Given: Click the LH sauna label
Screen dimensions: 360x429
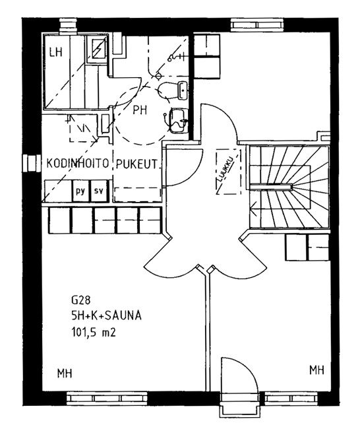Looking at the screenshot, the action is [56, 52].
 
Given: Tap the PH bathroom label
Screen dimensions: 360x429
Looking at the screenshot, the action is [140, 110].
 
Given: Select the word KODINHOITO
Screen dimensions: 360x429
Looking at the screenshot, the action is [78, 163].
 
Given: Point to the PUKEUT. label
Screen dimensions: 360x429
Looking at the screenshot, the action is [137, 164].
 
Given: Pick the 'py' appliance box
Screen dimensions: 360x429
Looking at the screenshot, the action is [80, 191].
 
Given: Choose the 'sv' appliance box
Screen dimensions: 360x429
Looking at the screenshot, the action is [100, 191].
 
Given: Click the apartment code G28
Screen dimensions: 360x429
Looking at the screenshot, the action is [80, 300].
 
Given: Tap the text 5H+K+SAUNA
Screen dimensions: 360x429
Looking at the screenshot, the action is [106, 316].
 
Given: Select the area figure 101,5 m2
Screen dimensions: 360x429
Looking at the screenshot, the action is [94, 332].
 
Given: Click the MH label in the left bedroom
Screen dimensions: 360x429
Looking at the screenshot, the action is [65, 373].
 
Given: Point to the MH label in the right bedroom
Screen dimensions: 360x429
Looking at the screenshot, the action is [316, 370].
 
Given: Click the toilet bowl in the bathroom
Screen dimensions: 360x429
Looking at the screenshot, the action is [167, 90].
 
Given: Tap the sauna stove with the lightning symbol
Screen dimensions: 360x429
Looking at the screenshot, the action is [98, 48].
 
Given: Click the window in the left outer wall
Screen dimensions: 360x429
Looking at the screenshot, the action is [30, 163].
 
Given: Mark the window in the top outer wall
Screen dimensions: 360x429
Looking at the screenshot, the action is [258, 26].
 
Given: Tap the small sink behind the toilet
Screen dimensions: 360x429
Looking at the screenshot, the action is [183, 90].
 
